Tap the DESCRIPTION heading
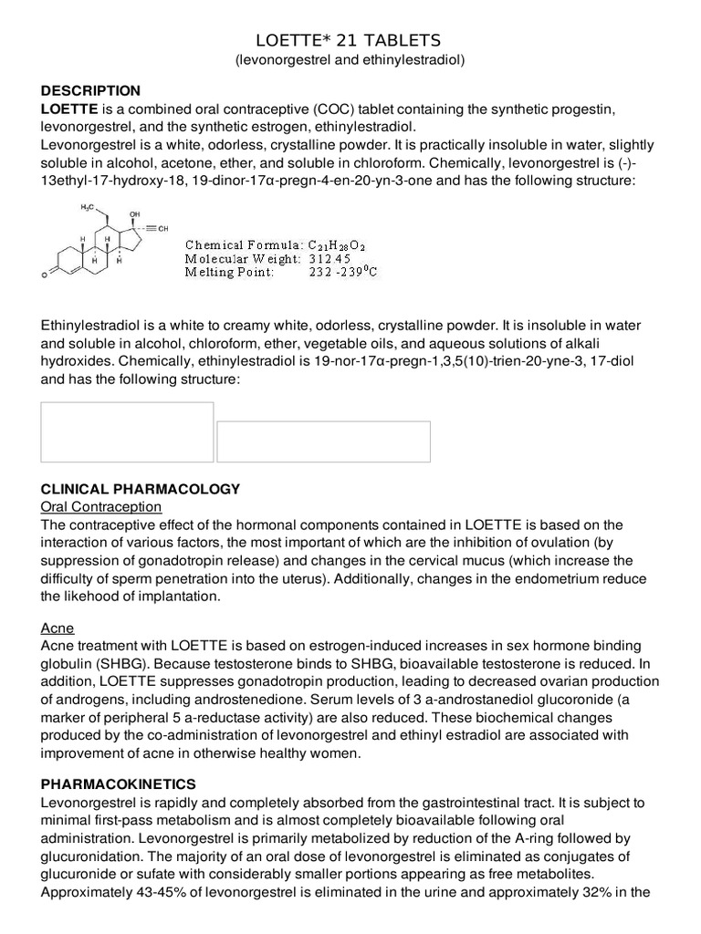[x=91, y=90]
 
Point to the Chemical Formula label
[x=243, y=244]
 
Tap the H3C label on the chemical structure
[x=88, y=208]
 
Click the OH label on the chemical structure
[x=135, y=213]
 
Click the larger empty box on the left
[x=127, y=431]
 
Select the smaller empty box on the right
[x=323, y=441]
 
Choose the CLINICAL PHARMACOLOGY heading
[x=141, y=489]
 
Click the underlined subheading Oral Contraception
[x=101, y=506]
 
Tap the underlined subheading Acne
[x=58, y=628]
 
